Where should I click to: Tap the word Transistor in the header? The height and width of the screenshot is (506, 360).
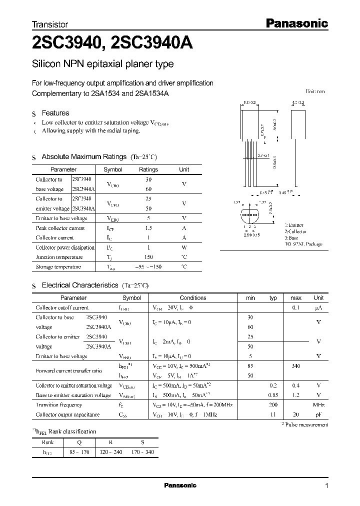50,24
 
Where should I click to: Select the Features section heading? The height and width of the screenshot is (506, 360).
55,113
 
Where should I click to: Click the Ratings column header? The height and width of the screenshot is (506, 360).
148,169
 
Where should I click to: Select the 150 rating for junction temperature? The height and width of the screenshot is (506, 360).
148,257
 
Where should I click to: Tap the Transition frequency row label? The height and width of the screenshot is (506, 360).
59,405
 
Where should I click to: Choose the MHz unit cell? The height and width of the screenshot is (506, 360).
318,405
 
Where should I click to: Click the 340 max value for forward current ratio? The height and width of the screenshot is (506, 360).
295,366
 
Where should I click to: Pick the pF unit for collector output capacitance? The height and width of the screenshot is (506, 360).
318,414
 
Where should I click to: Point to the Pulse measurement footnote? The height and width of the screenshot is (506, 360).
306,424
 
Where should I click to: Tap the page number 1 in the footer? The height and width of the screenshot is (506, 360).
326,485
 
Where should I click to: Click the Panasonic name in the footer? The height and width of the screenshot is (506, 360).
180,485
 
